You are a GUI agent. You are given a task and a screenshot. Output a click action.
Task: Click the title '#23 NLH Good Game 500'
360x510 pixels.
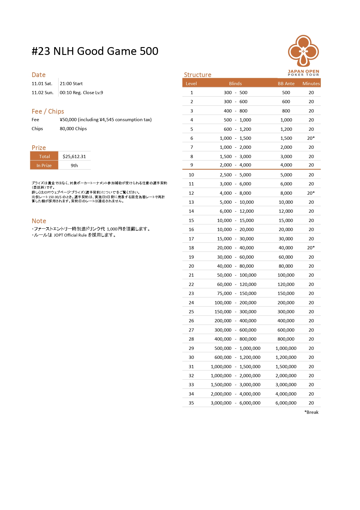(x=95, y=51)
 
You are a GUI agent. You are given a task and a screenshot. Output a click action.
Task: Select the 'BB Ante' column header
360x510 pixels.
(x=286, y=83)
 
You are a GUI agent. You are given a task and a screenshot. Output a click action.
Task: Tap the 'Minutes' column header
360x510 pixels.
(x=311, y=83)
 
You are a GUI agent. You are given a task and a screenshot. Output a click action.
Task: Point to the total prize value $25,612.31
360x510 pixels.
(x=74, y=156)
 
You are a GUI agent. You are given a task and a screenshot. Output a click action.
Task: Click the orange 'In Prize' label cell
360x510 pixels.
(x=44, y=165)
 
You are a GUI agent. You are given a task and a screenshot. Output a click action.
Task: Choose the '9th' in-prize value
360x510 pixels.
(x=74, y=165)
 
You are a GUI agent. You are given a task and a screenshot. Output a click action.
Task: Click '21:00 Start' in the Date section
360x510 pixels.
(x=71, y=84)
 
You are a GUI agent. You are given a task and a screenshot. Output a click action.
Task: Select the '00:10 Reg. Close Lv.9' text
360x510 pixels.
(x=81, y=93)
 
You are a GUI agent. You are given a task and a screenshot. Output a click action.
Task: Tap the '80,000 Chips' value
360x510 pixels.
(x=73, y=129)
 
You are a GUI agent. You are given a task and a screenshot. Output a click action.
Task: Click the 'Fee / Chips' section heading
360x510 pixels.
(x=48, y=111)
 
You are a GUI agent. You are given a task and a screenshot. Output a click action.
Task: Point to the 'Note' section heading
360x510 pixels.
(x=39, y=221)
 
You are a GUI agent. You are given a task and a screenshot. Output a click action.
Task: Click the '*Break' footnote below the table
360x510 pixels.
(x=311, y=412)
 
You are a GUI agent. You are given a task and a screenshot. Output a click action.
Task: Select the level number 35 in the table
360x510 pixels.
(x=191, y=403)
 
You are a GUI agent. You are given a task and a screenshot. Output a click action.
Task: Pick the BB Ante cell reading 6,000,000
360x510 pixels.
(x=286, y=403)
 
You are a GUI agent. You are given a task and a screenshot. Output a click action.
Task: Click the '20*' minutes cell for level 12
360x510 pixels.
(x=311, y=193)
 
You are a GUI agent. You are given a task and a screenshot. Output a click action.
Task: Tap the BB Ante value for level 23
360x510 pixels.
(x=286, y=293)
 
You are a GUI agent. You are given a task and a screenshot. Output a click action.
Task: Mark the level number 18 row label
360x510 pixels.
(x=191, y=248)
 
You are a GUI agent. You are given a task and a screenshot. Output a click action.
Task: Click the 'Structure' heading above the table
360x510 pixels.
(x=198, y=75)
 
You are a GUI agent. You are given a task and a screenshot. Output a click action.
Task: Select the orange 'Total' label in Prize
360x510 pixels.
(x=44, y=156)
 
